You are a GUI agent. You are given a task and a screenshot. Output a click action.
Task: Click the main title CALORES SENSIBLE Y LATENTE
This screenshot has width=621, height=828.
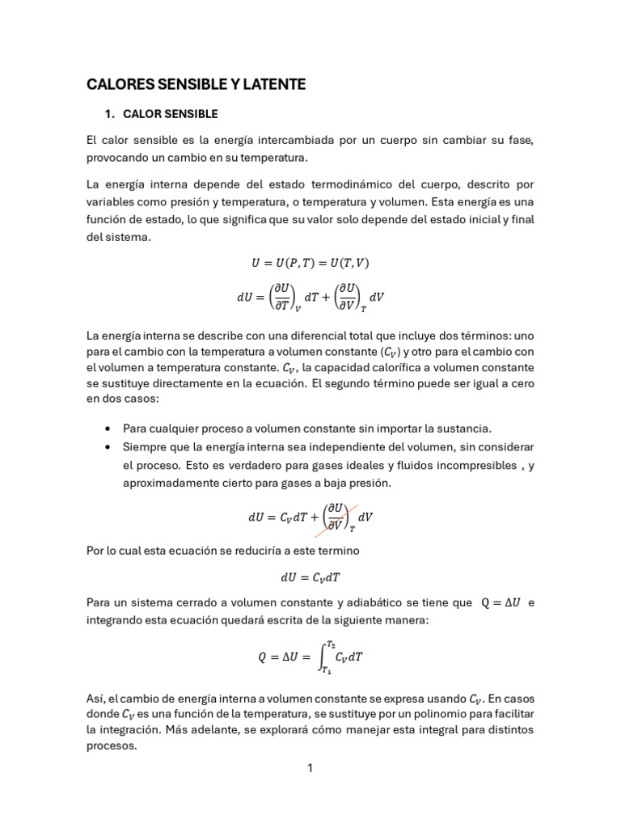(x=196, y=84)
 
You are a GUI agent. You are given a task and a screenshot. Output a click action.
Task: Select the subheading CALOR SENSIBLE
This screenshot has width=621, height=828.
(x=170, y=114)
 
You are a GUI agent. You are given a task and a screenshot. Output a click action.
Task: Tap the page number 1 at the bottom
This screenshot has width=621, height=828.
(x=310, y=767)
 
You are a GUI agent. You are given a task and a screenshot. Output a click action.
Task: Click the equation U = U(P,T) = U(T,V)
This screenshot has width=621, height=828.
(x=310, y=263)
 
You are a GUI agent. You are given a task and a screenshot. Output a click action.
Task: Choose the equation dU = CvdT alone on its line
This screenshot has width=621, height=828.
(x=310, y=577)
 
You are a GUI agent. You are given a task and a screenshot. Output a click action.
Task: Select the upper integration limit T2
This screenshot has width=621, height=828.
(x=332, y=644)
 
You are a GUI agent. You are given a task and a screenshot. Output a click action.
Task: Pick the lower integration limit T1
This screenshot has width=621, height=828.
(x=326, y=670)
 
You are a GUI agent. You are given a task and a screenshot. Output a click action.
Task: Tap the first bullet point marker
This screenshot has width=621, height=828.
(x=108, y=429)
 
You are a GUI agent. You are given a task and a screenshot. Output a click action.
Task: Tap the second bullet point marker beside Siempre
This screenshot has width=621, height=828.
(x=108, y=447)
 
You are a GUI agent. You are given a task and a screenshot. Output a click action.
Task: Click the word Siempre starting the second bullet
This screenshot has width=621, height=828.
(x=144, y=447)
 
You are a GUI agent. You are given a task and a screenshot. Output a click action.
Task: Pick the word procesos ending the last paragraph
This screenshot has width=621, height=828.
(x=112, y=746)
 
